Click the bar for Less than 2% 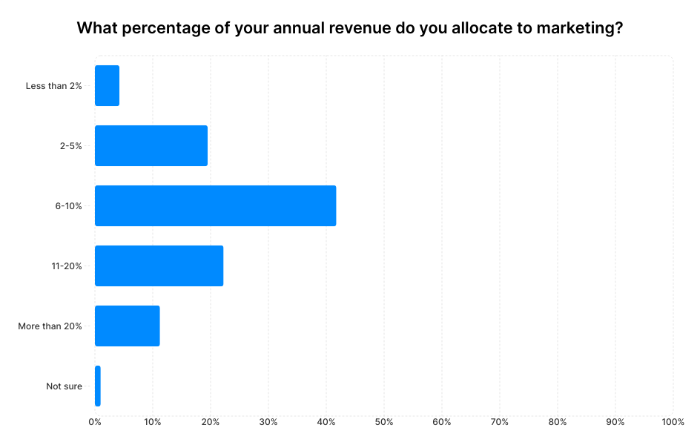coord(107,85)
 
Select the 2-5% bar coord(151,145)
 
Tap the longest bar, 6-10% coord(215,205)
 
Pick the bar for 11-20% coord(159,266)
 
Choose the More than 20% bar coord(127,326)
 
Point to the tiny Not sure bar coord(97,386)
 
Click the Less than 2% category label coord(53,86)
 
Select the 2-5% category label coord(70,146)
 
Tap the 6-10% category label coord(68,206)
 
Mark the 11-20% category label coord(67,266)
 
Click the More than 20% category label coord(50,326)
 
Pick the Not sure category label coord(64,386)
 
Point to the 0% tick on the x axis coord(95,422)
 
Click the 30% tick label coord(268,422)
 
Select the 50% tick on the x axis coord(384,422)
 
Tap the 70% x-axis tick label coord(500,422)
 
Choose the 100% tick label coord(673,422)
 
